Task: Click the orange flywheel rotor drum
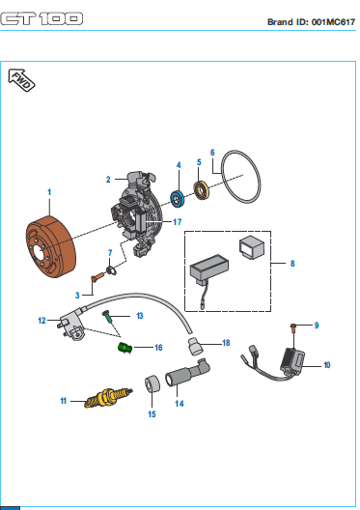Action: [x=50, y=246]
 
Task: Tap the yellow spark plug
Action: [x=108, y=397]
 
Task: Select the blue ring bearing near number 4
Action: [x=178, y=198]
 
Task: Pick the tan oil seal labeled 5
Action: [x=202, y=190]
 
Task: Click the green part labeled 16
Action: [x=125, y=348]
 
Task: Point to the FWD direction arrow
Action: [x=21, y=80]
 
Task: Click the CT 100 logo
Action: [x=42, y=19]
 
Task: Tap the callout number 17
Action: [x=177, y=222]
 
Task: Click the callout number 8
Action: [x=292, y=263]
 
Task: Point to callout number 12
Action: [x=42, y=321]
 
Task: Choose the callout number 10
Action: [x=327, y=365]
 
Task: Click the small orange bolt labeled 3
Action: [x=97, y=277]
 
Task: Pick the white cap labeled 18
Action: [x=195, y=347]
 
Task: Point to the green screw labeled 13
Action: [x=108, y=317]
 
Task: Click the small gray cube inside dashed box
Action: [x=252, y=248]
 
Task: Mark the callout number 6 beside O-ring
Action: [x=212, y=153]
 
